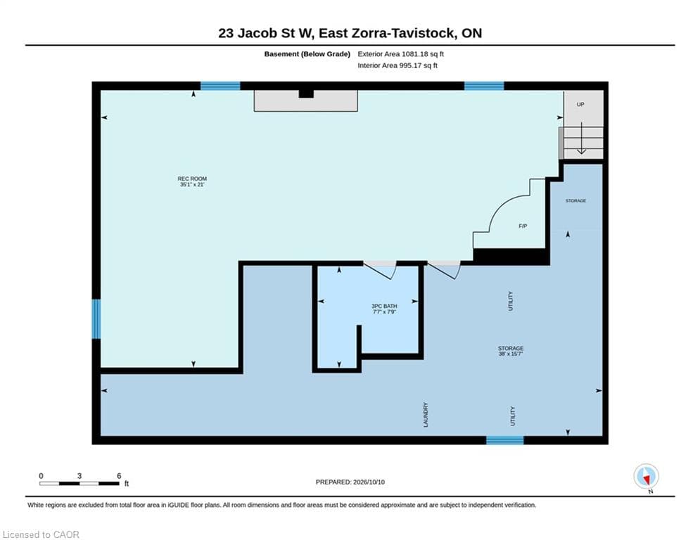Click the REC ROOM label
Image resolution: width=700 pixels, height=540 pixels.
pyautogui.click(x=192, y=181)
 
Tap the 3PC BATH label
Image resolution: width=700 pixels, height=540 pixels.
pyautogui.click(x=384, y=309)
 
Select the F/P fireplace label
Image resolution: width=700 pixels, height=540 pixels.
pyautogui.click(x=523, y=226)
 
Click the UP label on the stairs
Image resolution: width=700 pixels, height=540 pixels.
pyautogui.click(x=580, y=105)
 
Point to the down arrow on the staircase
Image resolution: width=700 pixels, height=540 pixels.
pyautogui.click(x=581, y=139)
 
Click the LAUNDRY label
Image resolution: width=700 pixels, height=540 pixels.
pyautogui.click(x=426, y=415)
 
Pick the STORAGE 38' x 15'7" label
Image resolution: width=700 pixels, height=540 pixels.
pyautogui.click(x=511, y=351)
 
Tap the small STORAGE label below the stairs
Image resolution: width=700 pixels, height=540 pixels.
pyautogui.click(x=576, y=201)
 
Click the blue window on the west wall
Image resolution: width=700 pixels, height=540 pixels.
pyautogui.click(x=96, y=319)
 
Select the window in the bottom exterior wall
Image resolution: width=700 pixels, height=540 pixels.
pyautogui.click(x=505, y=440)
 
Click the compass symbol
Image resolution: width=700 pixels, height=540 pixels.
pyautogui.click(x=646, y=477)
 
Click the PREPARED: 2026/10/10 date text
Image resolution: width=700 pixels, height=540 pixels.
pyautogui.click(x=350, y=482)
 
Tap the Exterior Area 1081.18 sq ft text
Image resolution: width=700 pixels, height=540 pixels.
pyautogui.click(x=400, y=54)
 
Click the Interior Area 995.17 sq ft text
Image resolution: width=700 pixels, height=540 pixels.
pyautogui.click(x=397, y=65)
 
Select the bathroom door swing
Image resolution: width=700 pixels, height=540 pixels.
pyautogui.click(x=380, y=270)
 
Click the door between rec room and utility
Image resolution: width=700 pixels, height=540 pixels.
pyautogui.click(x=444, y=270)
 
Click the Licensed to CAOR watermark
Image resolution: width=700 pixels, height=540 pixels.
pyautogui.click(x=41, y=534)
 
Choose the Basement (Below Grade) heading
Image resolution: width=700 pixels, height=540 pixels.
pyautogui.click(x=307, y=54)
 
